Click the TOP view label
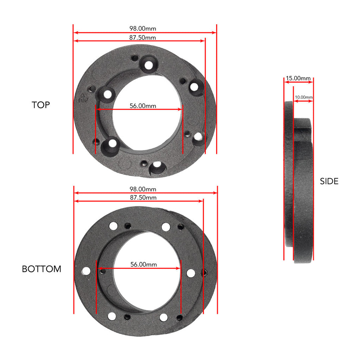41,105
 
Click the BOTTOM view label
41,269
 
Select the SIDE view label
329,181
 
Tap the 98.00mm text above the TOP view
143,28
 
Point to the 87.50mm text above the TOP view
142,37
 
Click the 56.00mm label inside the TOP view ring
143,105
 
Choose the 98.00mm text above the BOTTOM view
143,189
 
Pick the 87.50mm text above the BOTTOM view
143,198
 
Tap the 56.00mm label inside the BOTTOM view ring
143,264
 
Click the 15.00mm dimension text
298,78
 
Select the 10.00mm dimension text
304,97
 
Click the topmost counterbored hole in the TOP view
149,65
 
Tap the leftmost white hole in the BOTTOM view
85,271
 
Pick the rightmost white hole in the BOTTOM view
191,273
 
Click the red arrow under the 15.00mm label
298,82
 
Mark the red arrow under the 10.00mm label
303,101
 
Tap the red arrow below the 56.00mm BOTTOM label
139,269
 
